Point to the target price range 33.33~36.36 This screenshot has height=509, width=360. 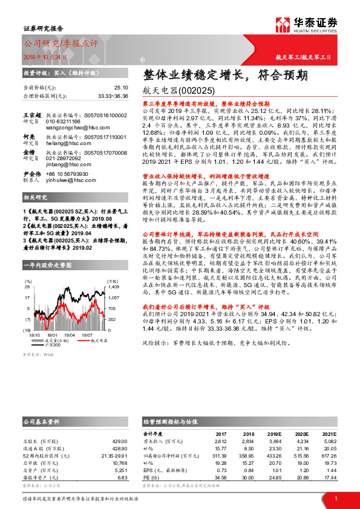click(x=112, y=96)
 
